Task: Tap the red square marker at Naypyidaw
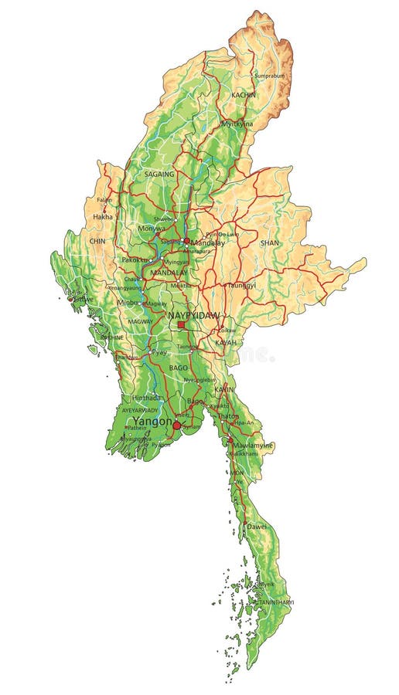[182, 325]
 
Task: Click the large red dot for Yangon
[176, 425]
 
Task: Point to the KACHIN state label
[243, 94]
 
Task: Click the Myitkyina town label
[237, 124]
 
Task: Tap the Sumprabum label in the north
[270, 76]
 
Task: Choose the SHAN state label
[270, 242]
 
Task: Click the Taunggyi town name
[240, 285]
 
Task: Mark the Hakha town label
[103, 217]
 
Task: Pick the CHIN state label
[97, 241]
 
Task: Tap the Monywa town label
[152, 229]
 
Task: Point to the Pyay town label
[159, 351]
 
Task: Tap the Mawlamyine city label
[253, 446]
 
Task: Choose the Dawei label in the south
[257, 525]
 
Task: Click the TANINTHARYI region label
[275, 602]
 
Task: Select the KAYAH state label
[225, 341]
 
